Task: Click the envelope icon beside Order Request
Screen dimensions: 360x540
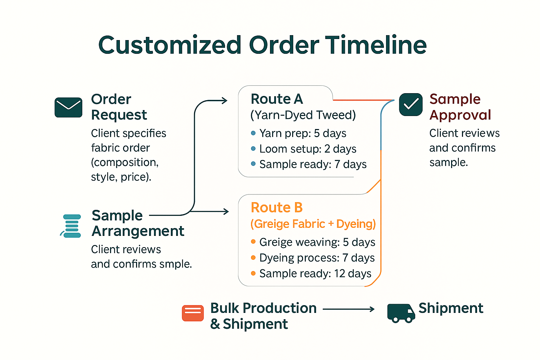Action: click(69, 107)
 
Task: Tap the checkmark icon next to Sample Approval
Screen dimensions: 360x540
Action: click(411, 104)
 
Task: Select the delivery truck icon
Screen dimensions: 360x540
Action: click(401, 313)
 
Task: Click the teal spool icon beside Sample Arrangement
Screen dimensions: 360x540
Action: click(71, 226)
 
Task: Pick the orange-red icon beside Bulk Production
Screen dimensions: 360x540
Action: click(193, 313)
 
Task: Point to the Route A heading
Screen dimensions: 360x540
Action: click(277, 99)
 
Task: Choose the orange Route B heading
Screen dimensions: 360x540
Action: click(277, 208)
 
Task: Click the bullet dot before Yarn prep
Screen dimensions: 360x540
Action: click(253, 133)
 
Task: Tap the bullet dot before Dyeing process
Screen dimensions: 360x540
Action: click(253, 258)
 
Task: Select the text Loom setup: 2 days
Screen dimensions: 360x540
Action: click(308, 149)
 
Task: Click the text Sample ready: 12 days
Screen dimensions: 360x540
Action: click(315, 274)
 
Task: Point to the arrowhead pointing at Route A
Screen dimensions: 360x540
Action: click(225, 101)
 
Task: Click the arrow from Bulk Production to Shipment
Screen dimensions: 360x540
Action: click(348, 309)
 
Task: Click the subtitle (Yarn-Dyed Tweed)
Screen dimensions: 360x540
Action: click(303, 115)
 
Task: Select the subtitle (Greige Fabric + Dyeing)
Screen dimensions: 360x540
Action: click(313, 224)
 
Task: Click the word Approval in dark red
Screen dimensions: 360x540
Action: click(460, 115)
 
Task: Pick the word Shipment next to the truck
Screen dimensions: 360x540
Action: click(451, 308)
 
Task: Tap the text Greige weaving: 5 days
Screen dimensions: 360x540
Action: click(317, 242)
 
